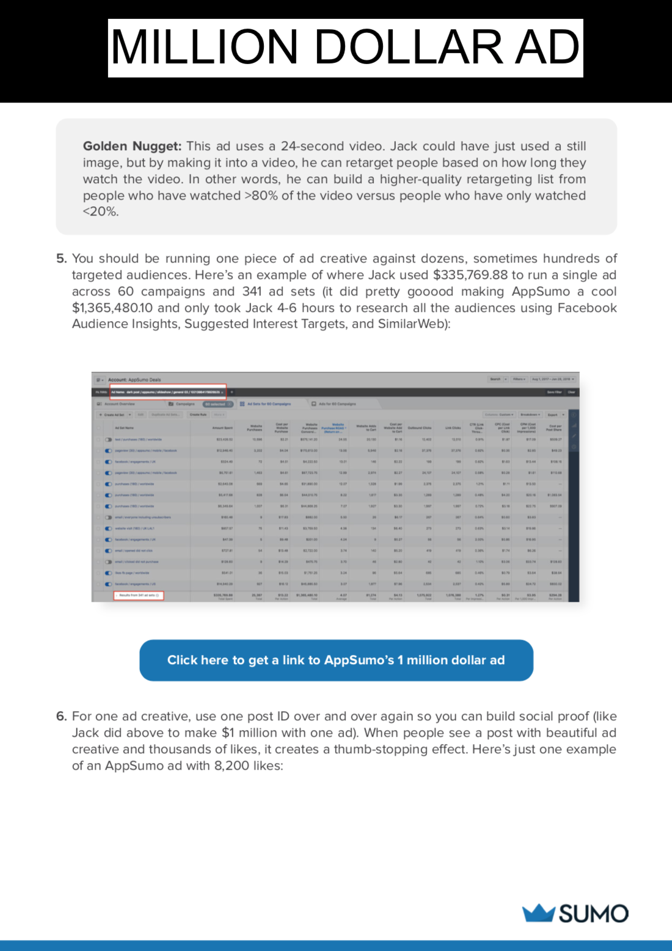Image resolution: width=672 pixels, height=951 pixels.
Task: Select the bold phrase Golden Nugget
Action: pyautogui.click(x=132, y=146)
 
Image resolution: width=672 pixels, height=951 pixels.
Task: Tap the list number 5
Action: pyautogui.click(x=61, y=259)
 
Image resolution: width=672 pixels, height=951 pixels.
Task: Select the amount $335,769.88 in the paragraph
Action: pyautogui.click(x=470, y=275)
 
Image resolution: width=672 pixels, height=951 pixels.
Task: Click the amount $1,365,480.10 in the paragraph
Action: pyautogui.click(x=112, y=308)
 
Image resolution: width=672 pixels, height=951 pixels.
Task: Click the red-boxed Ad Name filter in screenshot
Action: pyautogui.click(x=168, y=392)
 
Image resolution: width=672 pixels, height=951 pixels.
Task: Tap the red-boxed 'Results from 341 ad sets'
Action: pyautogui.click(x=139, y=595)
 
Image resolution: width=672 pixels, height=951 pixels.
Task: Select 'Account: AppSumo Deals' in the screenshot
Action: pyautogui.click(x=134, y=380)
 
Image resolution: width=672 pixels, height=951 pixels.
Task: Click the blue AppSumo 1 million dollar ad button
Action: pyautogui.click(x=336, y=660)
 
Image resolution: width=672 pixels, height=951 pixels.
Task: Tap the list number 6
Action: pyautogui.click(x=61, y=717)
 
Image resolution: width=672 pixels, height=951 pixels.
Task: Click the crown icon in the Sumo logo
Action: pyautogui.click(x=538, y=913)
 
